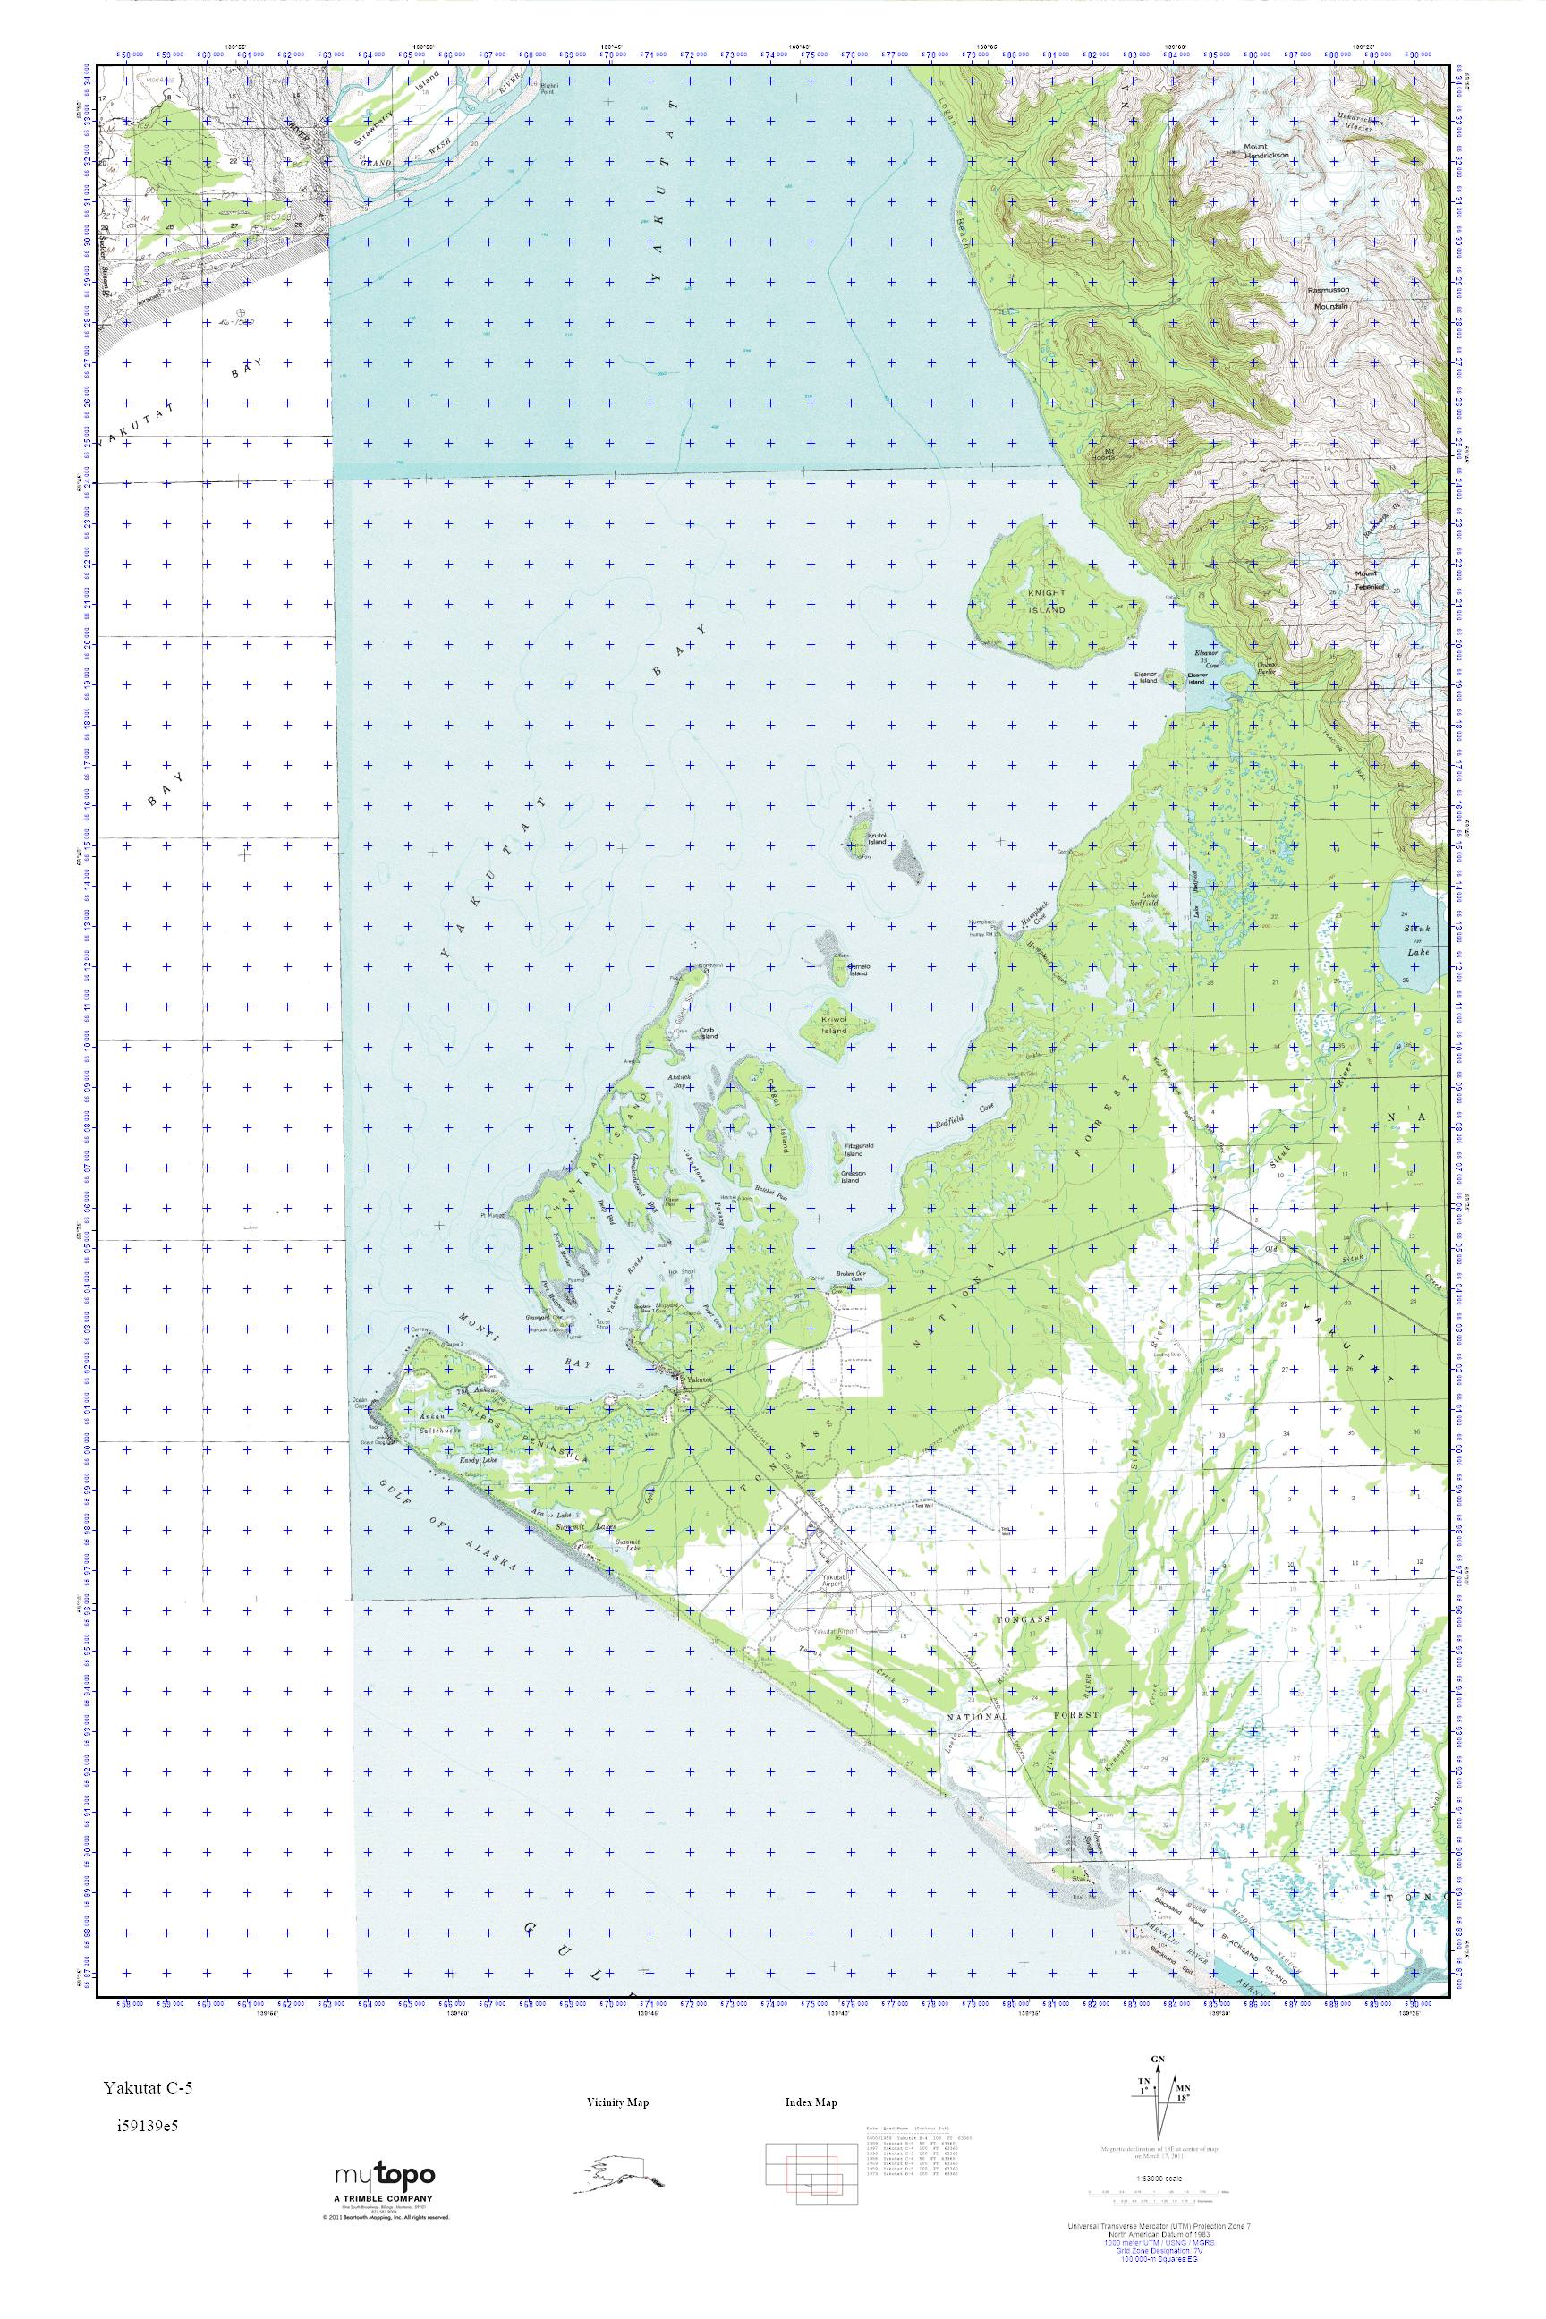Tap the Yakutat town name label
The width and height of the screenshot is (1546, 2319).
point(699,1380)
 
